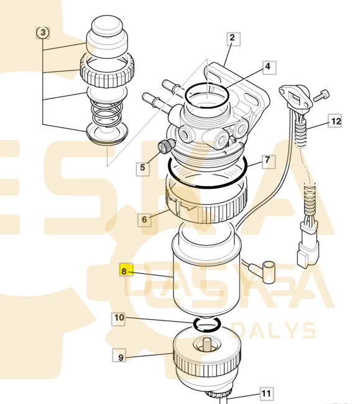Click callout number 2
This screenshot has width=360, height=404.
232,39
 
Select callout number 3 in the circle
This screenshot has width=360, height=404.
42,32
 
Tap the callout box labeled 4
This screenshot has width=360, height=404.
267,67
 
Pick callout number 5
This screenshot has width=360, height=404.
143,167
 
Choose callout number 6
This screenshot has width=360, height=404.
144,219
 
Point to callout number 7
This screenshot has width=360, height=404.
267,161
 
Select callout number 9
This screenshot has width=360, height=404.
121,357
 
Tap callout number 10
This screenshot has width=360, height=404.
119,319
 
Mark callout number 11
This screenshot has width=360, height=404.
266,393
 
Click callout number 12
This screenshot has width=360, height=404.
335,121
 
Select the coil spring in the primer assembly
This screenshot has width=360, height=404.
106,113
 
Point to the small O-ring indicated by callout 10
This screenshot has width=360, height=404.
207,324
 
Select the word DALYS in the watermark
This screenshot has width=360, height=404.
274,330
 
